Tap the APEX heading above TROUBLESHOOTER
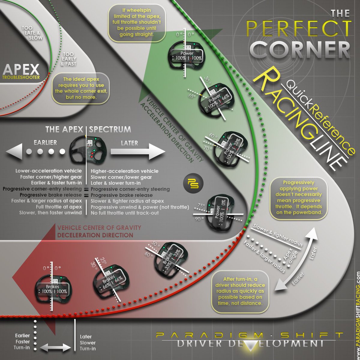pos(21,70)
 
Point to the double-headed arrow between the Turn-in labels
pos(55,348)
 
